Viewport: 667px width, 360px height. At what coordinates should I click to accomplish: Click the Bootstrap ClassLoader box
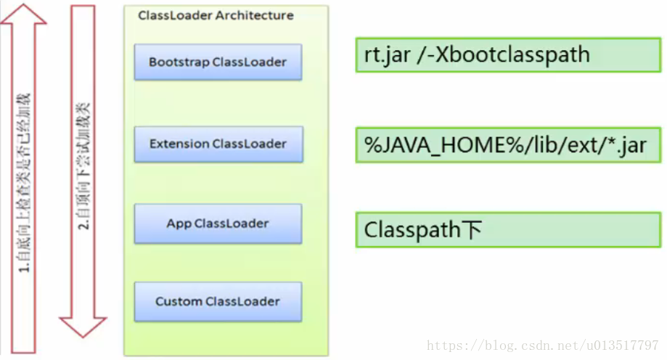tap(218, 62)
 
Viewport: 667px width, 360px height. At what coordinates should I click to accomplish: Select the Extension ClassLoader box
tap(218, 144)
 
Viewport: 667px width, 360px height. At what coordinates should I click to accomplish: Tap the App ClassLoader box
tap(218, 223)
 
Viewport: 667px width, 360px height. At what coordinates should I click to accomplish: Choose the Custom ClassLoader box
tap(218, 301)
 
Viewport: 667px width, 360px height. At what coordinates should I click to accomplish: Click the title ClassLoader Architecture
tap(216, 15)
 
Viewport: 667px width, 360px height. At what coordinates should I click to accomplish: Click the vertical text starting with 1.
tap(25, 181)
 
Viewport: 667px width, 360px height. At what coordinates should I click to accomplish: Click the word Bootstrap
tap(179, 62)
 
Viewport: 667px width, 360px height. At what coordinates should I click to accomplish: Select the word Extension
tap(179, 144)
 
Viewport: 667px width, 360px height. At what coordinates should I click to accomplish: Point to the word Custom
tap(179, 301)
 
